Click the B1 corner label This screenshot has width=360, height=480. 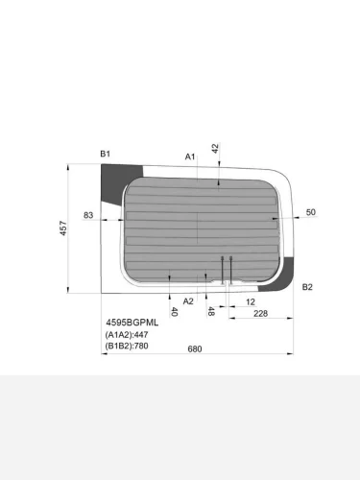106,154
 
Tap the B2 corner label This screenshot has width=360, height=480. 307,287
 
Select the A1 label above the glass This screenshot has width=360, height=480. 190,156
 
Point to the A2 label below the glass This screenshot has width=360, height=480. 188,301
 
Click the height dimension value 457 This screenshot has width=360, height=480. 63,228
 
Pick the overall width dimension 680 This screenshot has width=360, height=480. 195,348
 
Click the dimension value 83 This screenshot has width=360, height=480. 88,215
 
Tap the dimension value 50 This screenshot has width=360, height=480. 311,212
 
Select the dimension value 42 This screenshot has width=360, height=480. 215,148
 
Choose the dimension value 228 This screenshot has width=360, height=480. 260,313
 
